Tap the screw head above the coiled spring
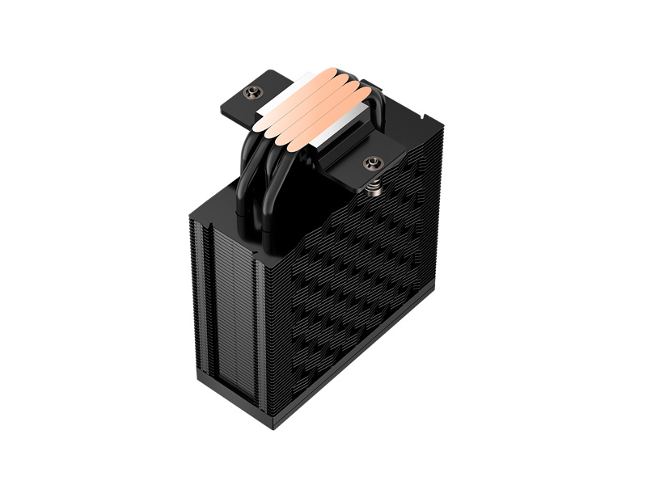point(373,164)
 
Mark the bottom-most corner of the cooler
point(278,428)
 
